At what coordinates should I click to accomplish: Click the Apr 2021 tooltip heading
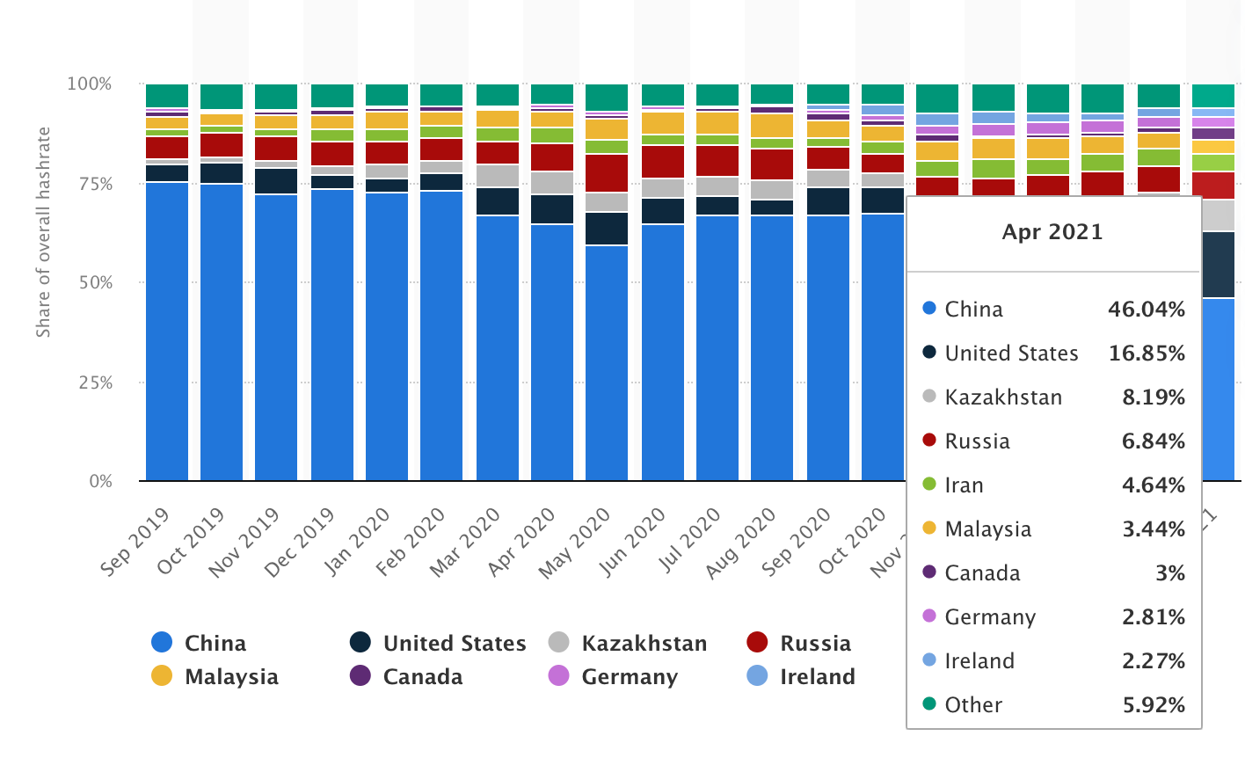pos(1052,232)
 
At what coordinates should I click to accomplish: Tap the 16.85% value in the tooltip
pos(1147,353)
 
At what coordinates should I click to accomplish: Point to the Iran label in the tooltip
pos(964,485)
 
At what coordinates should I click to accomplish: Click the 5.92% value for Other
pos(1153,705)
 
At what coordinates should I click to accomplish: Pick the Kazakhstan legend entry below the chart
pos(644,644)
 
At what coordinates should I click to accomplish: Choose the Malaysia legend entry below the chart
pos(231,677)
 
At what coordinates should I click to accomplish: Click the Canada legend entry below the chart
pos(422,677)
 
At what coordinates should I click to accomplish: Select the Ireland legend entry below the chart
pos(817,677)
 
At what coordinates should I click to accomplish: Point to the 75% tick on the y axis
pos(91,184)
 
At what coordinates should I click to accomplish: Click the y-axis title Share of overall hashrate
pos(43,232)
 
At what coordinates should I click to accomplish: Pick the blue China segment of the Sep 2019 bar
pos(167,334)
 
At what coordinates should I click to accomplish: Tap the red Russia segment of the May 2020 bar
pos(607,173)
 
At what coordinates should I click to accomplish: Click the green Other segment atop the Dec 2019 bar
pos(332,95)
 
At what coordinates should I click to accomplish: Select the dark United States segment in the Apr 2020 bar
pos(552,209)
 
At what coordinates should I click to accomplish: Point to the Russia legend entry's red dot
pos(757,643)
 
